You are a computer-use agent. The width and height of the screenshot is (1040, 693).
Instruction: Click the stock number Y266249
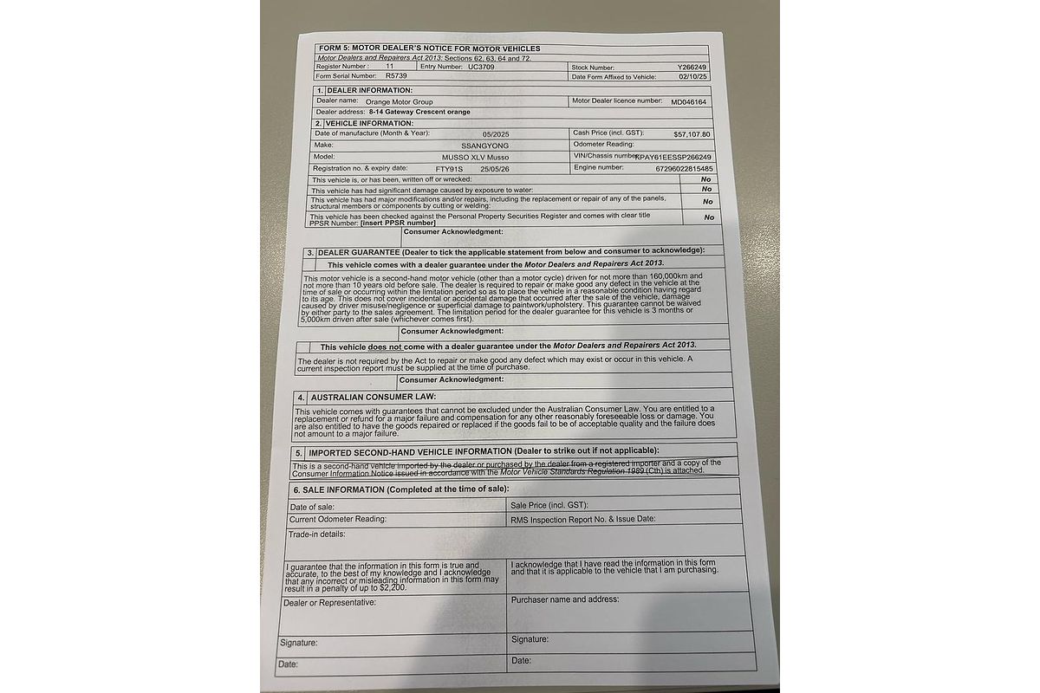coord(692,67)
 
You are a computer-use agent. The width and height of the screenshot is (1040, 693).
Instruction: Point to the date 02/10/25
coord(694,76)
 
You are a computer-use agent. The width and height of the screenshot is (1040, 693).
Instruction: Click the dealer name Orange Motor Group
coord(402,101)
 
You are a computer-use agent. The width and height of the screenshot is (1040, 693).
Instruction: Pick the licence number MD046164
coord(689,101)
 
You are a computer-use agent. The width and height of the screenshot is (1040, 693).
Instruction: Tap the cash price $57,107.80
coord(692,134)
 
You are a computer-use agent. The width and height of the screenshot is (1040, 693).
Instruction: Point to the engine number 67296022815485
coord(685,168)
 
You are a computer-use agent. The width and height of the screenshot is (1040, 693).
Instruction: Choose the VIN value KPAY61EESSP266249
coord(673,157)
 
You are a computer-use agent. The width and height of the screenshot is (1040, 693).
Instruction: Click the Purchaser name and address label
coord(565,599)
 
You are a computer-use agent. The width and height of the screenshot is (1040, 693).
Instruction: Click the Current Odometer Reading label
coord(338,520)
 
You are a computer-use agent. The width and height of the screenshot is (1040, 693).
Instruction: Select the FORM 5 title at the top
coord(429,49)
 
